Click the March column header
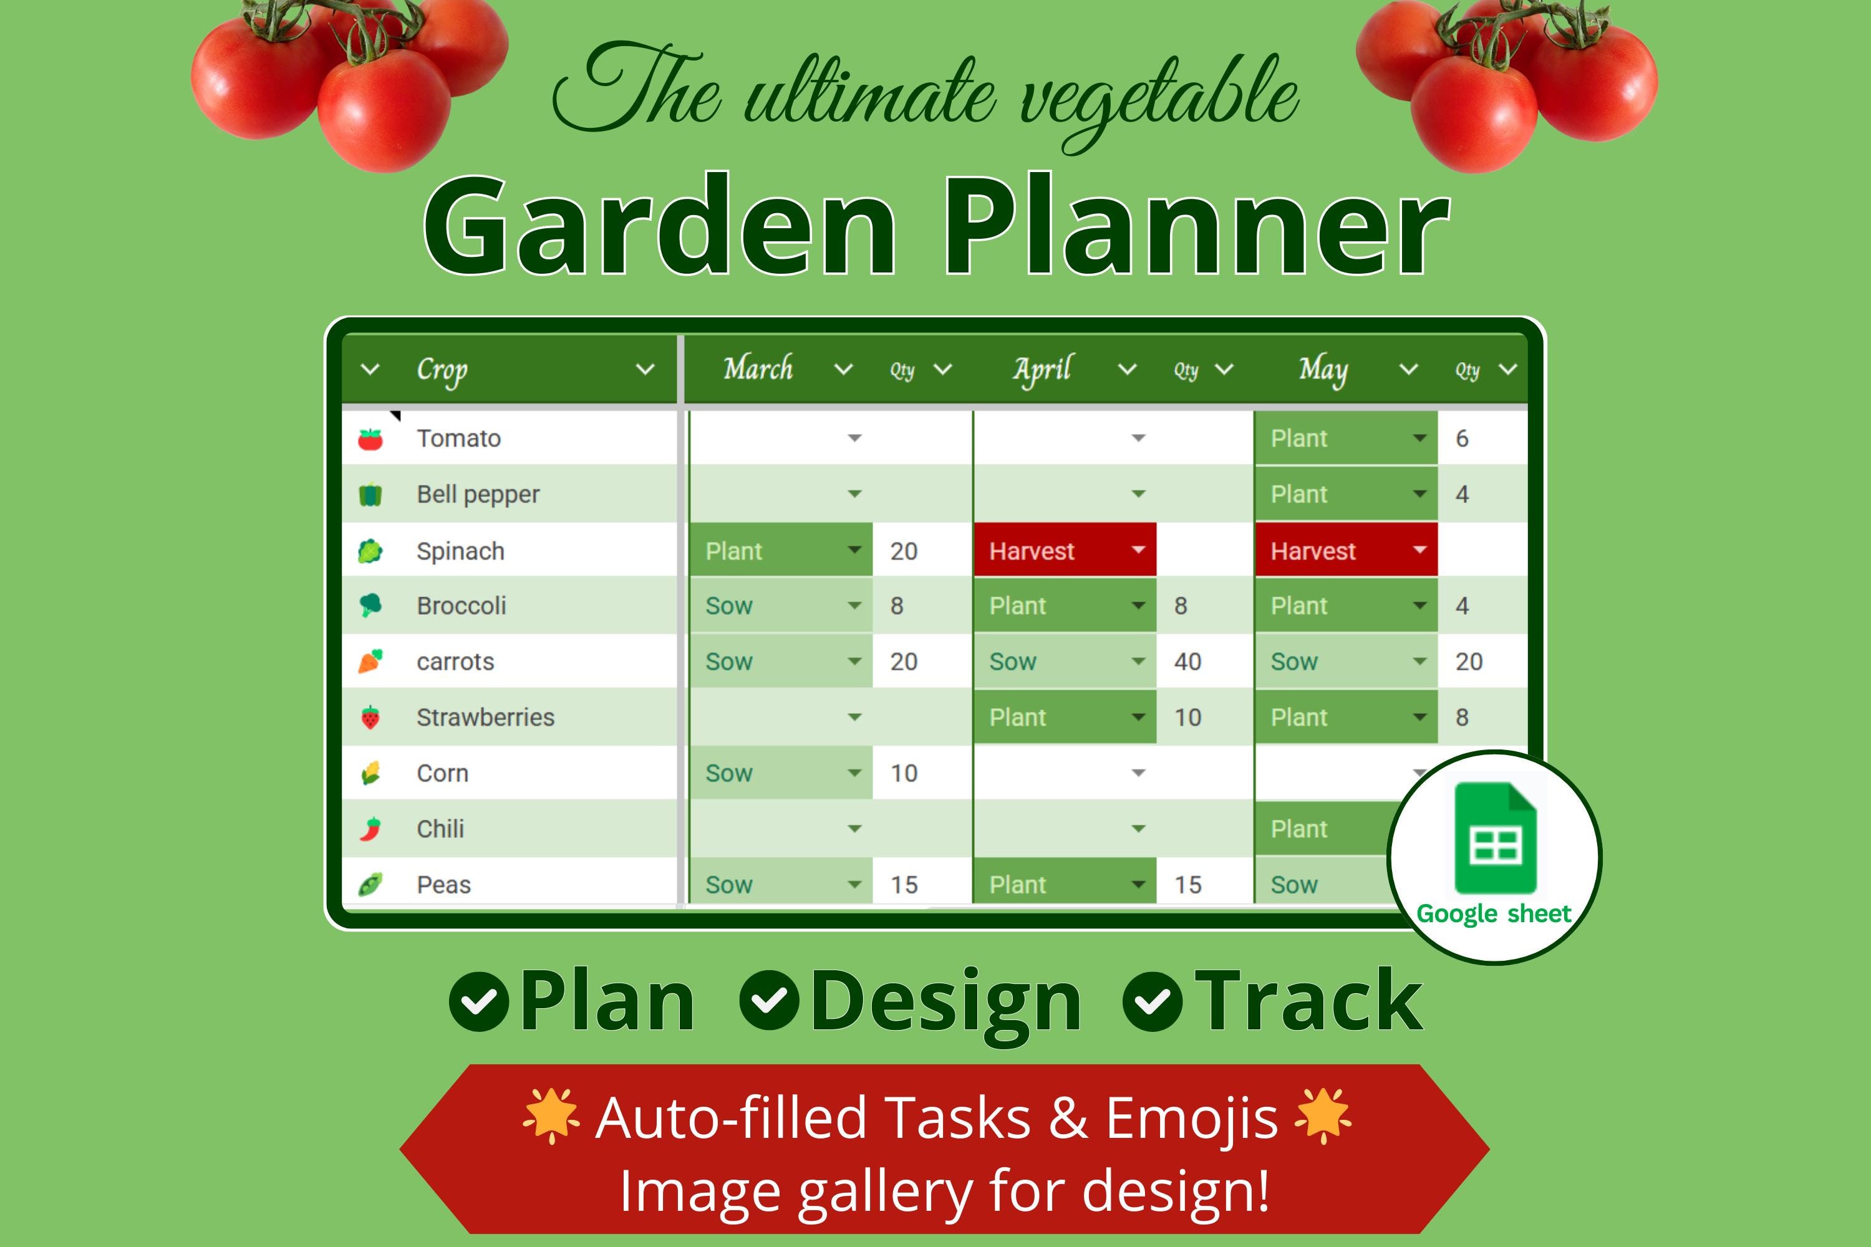tap(758, 369)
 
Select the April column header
tap(1042, 369)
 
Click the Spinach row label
tap(460, 551)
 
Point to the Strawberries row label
tap(485, 718)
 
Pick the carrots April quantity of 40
tap(1187, 662)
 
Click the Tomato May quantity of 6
tap(1462, 438)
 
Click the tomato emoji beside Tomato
tap(370, 439)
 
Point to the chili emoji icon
tap(370, 829)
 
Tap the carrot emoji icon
tap(370, 661)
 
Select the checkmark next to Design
tap(769, 1001)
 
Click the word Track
tap(1308, 1001)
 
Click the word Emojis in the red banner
tap(1191, 1117)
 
